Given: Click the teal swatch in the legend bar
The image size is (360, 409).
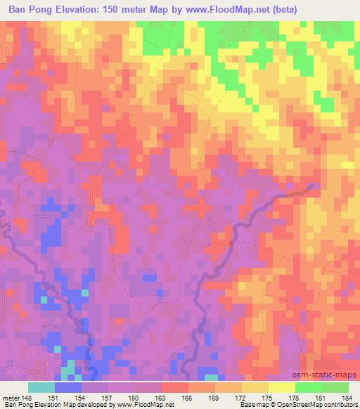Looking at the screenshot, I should (41, 387).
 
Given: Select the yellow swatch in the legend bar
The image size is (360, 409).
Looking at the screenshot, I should (282, 387).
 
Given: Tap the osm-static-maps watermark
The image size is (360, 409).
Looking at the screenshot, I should (329, 375).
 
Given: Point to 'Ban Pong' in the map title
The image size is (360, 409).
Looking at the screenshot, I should (32, 9).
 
